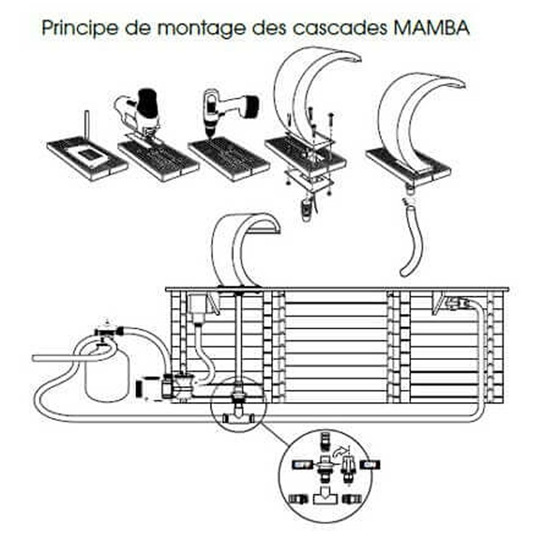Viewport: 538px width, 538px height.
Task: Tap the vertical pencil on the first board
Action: click(86, 128)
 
